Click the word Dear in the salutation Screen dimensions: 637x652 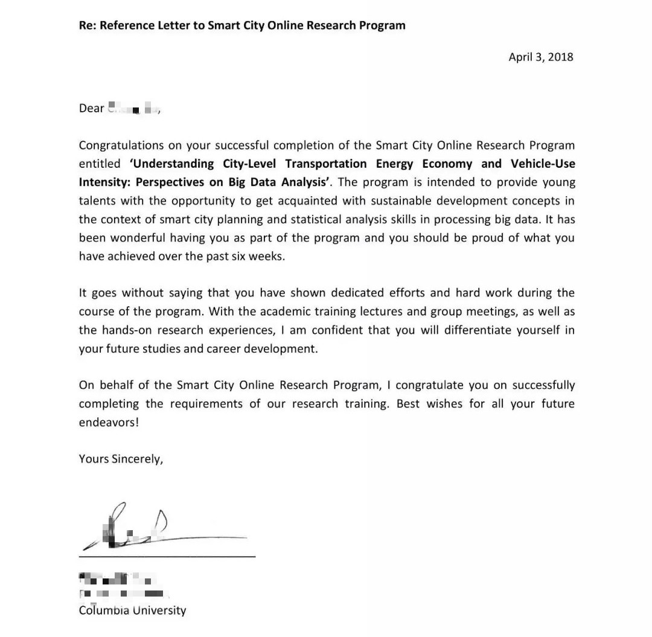(91, 108)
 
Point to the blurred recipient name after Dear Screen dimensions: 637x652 (133, 109)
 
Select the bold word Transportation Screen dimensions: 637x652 (325, 164)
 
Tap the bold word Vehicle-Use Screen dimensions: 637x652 (543, 164)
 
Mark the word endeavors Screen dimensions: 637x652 (109, 422)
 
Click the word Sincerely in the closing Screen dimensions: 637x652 (137, 459)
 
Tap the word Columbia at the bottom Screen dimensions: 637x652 (104, 610)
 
